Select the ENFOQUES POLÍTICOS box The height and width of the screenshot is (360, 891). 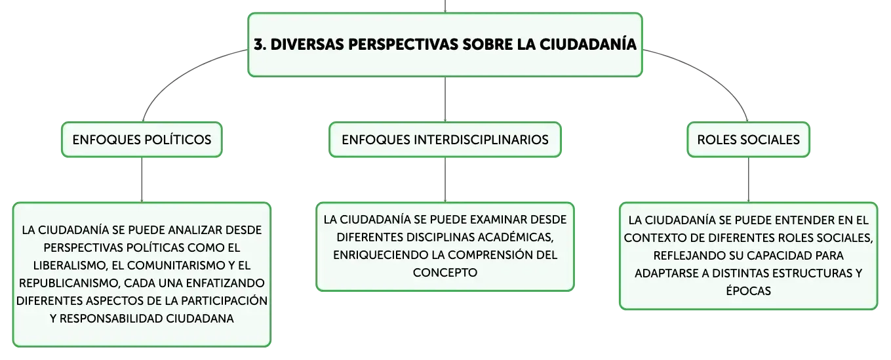pos(142,140)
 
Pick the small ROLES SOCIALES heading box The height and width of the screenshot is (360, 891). pos(748,140)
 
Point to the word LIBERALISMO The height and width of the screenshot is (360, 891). pos(70,266)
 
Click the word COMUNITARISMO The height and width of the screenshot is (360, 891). pos(176,266)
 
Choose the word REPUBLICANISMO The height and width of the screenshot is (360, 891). pos(69,283)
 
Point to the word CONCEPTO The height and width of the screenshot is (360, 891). pos(445,273)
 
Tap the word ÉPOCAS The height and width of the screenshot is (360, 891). pos(748,290)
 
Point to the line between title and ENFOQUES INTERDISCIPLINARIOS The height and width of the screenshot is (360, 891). pos(445,100)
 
